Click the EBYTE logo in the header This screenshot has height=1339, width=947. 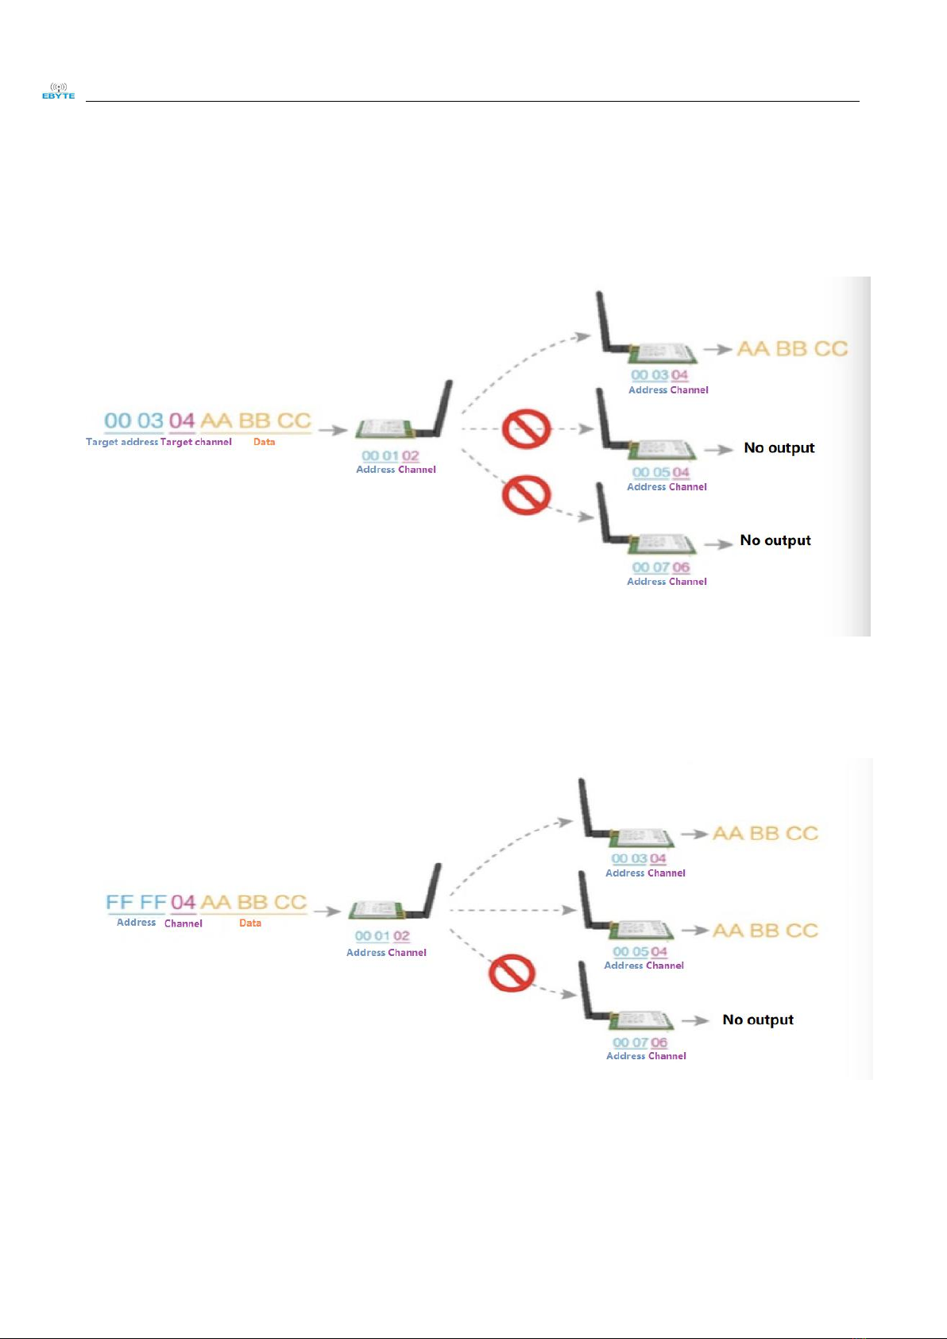tap(58, 91)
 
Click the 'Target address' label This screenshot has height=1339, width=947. tap(122, 442)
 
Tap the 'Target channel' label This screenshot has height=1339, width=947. tap(196, 442)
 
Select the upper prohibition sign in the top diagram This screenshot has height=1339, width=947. tap(526, 429)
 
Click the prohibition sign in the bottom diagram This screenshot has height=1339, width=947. tap(512, 973)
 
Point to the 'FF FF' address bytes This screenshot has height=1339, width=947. tap(136, 903)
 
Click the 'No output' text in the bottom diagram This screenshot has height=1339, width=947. tap(758, 1020)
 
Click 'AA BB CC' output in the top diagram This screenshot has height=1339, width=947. tap(792, 349)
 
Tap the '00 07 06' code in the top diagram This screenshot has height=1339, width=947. tap(661, 567)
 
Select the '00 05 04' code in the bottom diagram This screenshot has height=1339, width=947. tap(640, 951)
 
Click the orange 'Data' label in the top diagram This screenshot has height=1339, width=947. tap(265, 442)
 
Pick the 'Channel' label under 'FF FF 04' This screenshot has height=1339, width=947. tap(184, 923)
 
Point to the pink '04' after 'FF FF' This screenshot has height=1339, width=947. tap(183, 903)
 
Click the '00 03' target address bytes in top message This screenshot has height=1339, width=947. tap(133, 420)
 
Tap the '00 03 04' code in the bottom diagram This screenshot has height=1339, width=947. tap(639, 858)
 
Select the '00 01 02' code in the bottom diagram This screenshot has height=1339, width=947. tap(382, 936)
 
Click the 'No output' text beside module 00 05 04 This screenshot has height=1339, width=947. tap(779, 447)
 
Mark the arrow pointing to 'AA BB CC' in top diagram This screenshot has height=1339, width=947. tap(717, 349)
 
